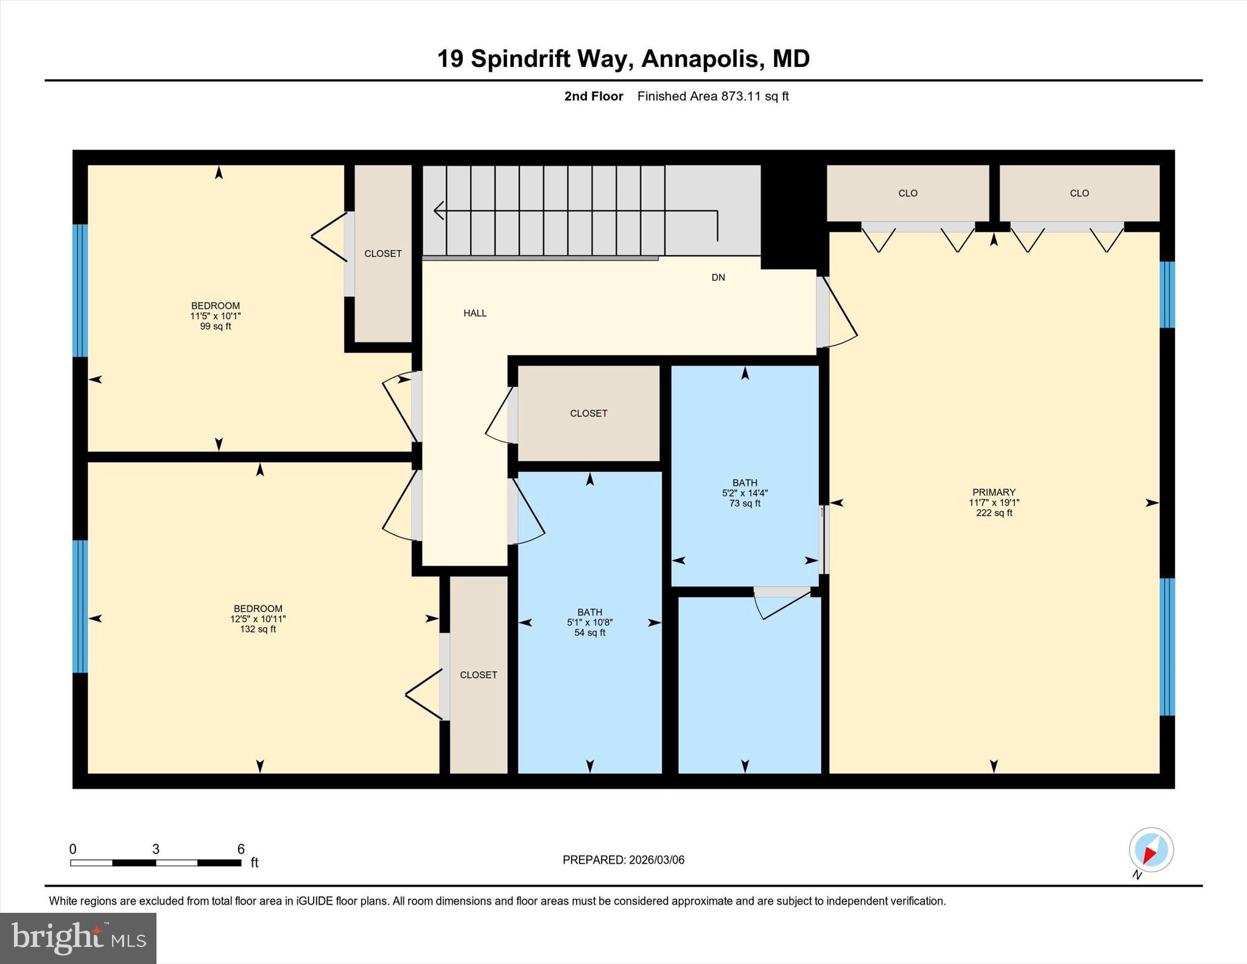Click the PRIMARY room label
pos(993,492)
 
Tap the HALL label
pos(474,313)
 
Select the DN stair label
pos(718,277)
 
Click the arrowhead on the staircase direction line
pos(438,211)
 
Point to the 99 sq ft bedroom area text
pos(216,326)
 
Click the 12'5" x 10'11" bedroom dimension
pos(258,619)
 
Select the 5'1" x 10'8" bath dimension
pos(589,622)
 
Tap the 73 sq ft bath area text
pos(744,504)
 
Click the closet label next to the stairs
pos(382,253)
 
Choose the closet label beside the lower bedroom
pos(478,675)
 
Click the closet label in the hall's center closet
pos(588,413)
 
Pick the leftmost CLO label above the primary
pos(907,193)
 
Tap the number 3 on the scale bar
pos(156,849)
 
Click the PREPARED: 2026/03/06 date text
pos(623,860)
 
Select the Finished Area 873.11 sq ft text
pos(712,96)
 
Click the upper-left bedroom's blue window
pos(80,290)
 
